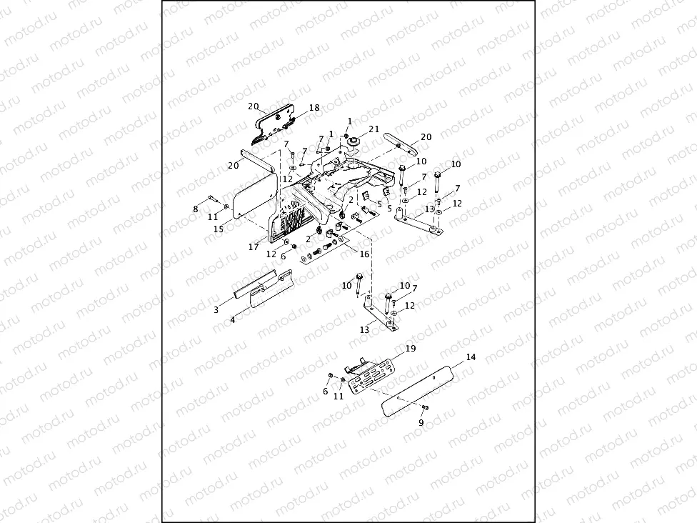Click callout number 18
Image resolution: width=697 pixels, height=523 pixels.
point(314,108)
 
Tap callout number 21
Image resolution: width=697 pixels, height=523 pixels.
point(373,129)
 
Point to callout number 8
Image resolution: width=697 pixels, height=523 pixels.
point(196,209)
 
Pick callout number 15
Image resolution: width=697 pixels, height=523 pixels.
point(219,229)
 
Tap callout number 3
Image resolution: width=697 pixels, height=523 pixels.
point(216,310)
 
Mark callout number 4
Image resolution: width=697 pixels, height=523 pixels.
point(232,320)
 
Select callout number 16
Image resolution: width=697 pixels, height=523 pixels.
point(364,254)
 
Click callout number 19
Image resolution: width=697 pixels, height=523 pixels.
point(410,349)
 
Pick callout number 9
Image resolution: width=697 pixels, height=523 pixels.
point(421,422)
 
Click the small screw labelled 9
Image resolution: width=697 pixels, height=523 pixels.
point(424,407)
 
